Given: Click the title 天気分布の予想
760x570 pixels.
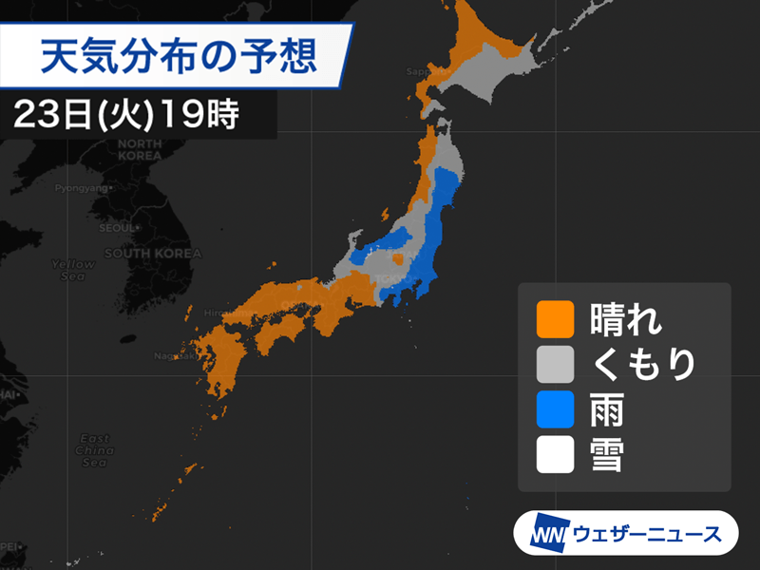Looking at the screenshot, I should [x=178, y=57].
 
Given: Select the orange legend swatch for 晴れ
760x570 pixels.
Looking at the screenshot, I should [x=555, y=319].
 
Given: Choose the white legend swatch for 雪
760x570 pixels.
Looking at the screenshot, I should [x=555, y=456].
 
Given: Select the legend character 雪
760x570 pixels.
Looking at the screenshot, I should [x=607, y=456].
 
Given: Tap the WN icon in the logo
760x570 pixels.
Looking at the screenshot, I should [x=548, y=534].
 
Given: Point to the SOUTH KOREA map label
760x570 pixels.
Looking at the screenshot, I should [x=152, y=254].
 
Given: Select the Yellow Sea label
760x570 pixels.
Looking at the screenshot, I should [x=73, y=270].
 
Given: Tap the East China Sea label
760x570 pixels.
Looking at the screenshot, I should [x=94, y=449].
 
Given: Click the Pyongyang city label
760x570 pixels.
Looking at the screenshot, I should [x=81, y=188].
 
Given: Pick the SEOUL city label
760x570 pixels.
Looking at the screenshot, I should [x=119, y=228].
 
